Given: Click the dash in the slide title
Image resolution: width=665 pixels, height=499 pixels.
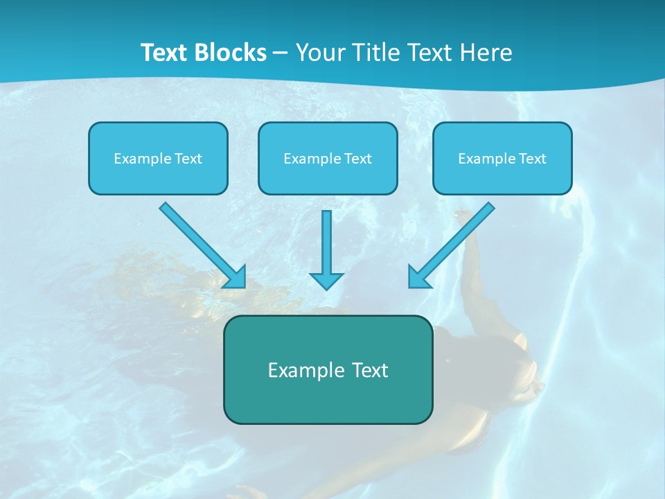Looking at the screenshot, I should pos(281,53).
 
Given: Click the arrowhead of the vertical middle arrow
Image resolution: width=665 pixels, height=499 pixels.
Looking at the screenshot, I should pos(326,281).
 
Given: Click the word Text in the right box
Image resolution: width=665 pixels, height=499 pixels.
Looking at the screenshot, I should pos(532,159).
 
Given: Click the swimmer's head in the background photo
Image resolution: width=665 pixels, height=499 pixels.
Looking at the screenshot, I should pos(523,378).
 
